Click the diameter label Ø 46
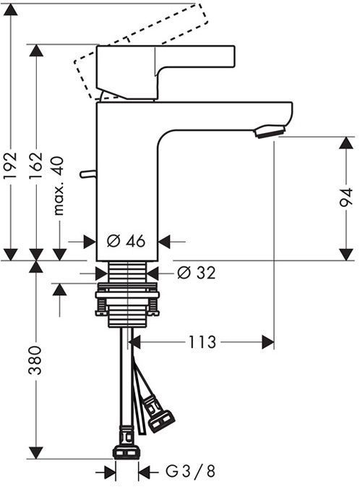(x=126, y=241)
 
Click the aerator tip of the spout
(x=267, y=131)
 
